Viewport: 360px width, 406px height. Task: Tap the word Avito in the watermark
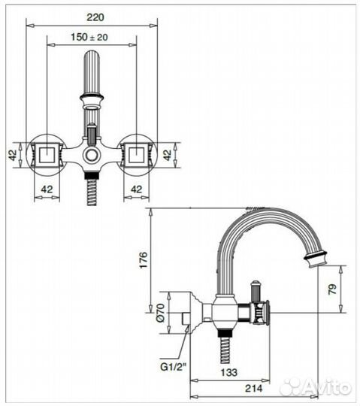[327, 387]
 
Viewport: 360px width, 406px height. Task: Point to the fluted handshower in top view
[92, 71]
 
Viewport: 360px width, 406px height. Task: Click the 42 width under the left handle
[47, 190]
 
